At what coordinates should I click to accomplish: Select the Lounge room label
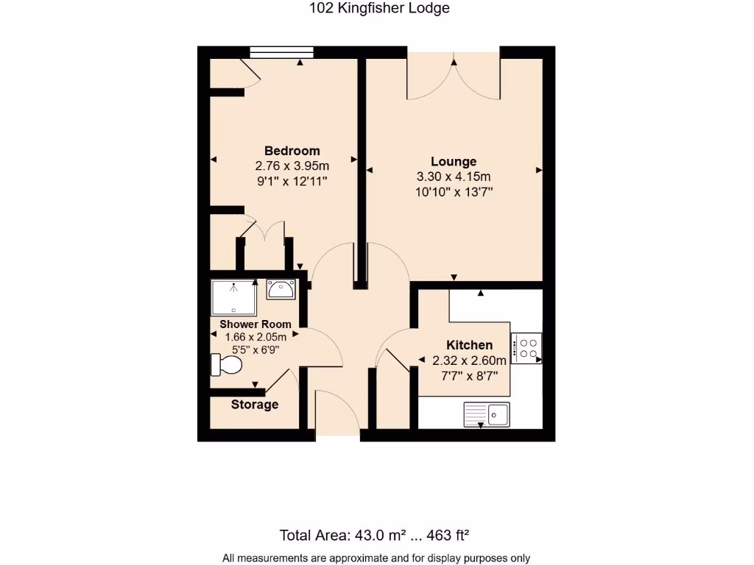(x=454, y=162)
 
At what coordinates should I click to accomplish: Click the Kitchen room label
(x=469, y=345)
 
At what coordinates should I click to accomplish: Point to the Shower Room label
(x=255, y=324)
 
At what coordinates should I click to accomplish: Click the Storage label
(x=255, y=405)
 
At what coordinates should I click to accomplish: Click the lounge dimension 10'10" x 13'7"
(x=454, y=191)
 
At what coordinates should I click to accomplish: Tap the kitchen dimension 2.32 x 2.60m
(x=469, y=360)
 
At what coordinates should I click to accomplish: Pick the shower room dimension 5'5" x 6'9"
(x=255, y=349)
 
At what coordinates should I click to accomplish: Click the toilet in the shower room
(x=228, y=365)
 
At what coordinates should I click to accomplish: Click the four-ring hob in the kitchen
(x=527, y=347)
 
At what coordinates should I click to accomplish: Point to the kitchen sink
(x=487, y=414)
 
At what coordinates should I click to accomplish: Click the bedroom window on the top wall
(x=282, y=51)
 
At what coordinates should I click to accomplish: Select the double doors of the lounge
(x=454, y=77)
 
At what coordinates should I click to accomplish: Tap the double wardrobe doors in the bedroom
(x=264, y=230)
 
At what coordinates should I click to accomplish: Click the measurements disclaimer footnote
(x=376, y=558)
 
